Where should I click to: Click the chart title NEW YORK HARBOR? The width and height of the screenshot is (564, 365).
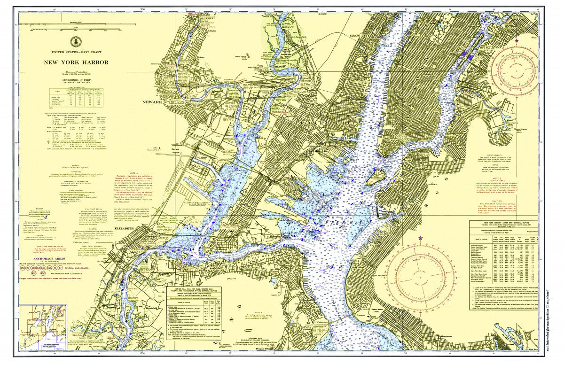tap(76, 62)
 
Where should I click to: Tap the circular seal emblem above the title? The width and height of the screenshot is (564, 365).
tap(76, 41)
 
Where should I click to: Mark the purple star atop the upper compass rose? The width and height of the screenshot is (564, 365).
tap(517, 40)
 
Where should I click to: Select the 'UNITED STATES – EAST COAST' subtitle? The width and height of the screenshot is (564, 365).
tap(76, 52)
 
